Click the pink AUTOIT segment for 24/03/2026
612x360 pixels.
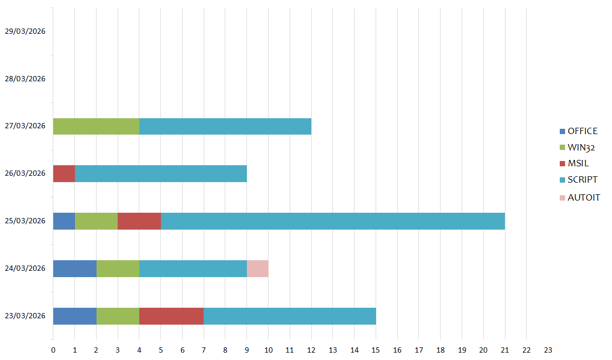[x=257, y=269]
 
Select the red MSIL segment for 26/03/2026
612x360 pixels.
[x=64, y=174]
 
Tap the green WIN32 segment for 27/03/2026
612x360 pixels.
[x=96, y=127]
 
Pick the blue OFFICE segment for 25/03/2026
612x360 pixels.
[x=64, y=221]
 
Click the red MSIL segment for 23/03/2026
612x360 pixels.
[x=171, y=316]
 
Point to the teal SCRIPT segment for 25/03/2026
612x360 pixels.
[x=333, y=221]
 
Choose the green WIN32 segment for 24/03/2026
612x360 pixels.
[x=118, y=269]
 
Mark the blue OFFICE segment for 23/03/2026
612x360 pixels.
[x=74, y=316]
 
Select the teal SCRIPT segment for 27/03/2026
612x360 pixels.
[x=225, y=127]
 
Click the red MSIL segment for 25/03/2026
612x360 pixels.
[x=139, y=221]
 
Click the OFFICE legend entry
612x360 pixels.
[x=579, y=131]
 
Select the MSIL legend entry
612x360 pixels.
[x=574, y=164]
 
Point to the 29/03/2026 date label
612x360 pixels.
[x=25, y=31]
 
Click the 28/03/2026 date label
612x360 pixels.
[x=25, y=79]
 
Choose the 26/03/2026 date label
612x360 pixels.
[x=25, y=173]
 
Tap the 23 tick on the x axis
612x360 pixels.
[x=548, y=350]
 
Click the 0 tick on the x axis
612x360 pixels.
[x=53, y=350]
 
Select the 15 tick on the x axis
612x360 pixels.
[x=376, y=350]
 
